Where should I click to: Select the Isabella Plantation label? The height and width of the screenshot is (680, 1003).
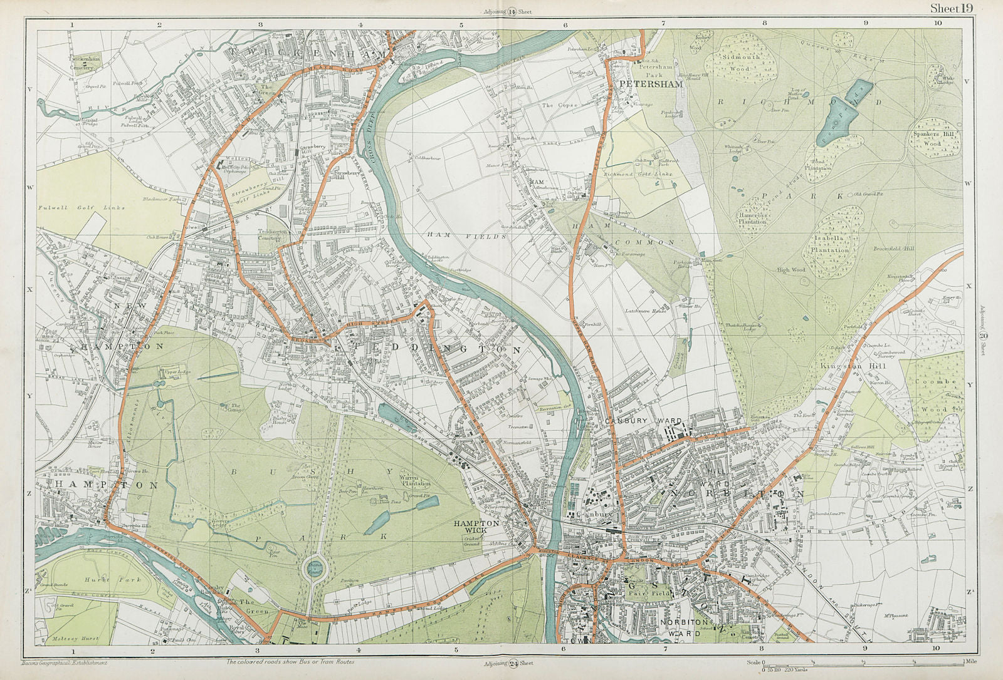(831, 245)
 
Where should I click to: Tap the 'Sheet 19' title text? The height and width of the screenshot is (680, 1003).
(951, 8)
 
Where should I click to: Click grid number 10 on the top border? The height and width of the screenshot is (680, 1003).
(937, 22)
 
